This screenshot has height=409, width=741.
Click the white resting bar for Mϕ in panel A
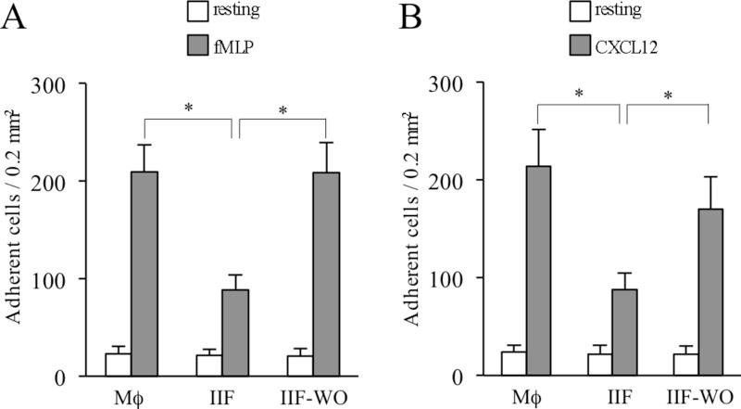(118, 364)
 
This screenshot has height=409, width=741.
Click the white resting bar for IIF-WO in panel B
(681, 364)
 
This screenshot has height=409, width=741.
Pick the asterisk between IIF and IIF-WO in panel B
(666, 96)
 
